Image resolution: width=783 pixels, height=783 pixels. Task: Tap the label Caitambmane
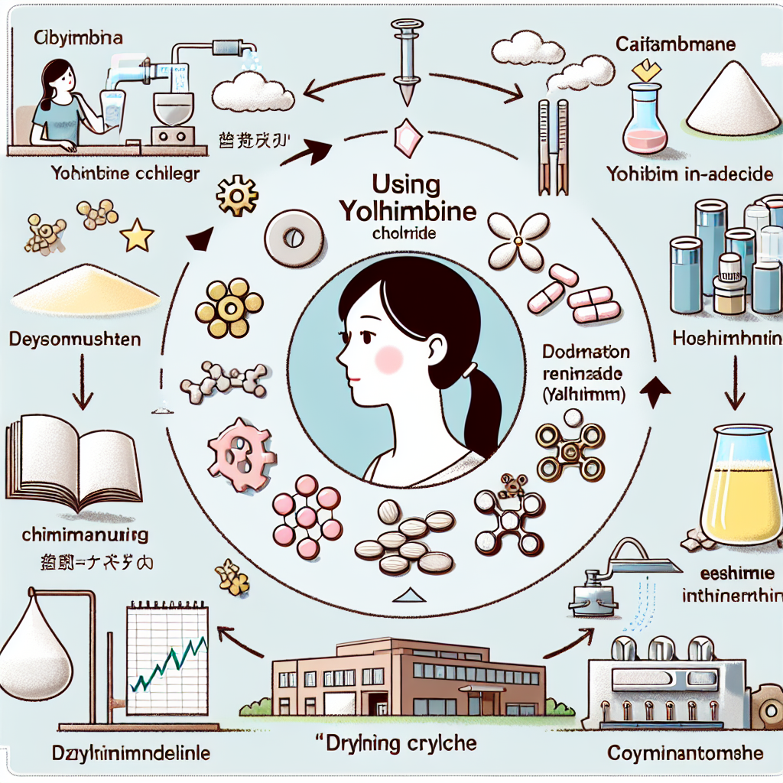675,45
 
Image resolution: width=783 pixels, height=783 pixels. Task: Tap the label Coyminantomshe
685,753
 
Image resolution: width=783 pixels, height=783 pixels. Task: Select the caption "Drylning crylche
397,742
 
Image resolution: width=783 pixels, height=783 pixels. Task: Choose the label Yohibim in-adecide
689,174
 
